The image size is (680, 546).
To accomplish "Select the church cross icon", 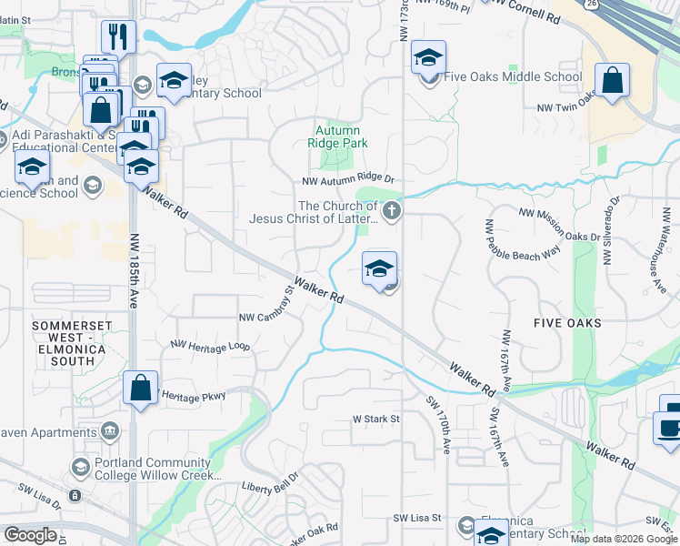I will pyautogui.click(x=392, y=212).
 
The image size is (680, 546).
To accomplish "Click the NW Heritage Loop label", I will pyautogui.click(x=210, y=346).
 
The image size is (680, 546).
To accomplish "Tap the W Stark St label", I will pyautogui.click(x=376, y=420).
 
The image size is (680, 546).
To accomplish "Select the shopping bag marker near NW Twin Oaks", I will pyautogui.click(x=614, y=80).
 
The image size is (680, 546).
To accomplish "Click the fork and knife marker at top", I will pyautogui.click(x=118, y=36).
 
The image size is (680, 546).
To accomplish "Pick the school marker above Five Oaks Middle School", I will pyautogui.click(x=428, y=57).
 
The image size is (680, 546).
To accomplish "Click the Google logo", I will pyautogui.click(x=29, y=535).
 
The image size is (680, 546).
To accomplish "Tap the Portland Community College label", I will pyautogui.click(x=156, y=469).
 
